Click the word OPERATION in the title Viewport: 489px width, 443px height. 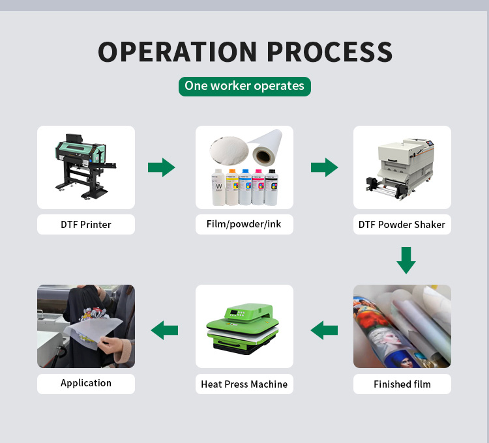click(x=177, y=51)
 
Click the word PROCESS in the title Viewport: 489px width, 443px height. click(x=330, y=51)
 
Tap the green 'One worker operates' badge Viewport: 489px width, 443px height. click(x=244, y=86)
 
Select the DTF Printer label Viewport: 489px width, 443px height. click(x=86, y=224)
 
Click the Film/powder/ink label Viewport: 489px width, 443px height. click(x=244, y=224)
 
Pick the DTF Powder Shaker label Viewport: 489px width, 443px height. click(x=402, y=224)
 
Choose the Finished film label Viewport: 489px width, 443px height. click(x=402, y=384)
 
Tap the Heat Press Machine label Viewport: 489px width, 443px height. click(x=244, y=384)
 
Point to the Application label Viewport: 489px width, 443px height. click(x=86, y=383)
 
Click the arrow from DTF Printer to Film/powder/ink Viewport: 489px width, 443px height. click(x=161, y=167)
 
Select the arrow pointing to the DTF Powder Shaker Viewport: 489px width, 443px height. click(x=324, y=167)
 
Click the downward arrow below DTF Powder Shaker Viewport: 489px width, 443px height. click(x=406, y=261)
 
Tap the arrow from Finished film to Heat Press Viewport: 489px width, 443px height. click(x=324, y=330)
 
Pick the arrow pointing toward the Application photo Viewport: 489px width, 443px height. click(x=164, y=330)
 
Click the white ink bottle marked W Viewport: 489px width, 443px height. click(x=218, y=187)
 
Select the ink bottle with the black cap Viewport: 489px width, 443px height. click(x=271, y=187)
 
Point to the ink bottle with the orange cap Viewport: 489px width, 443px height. click(x=232, y=187)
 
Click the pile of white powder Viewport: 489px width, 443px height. click(x=230, y=150)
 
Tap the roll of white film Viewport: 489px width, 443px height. click(x=266, y=147)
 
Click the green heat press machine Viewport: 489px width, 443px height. click(x=243, y=328)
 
